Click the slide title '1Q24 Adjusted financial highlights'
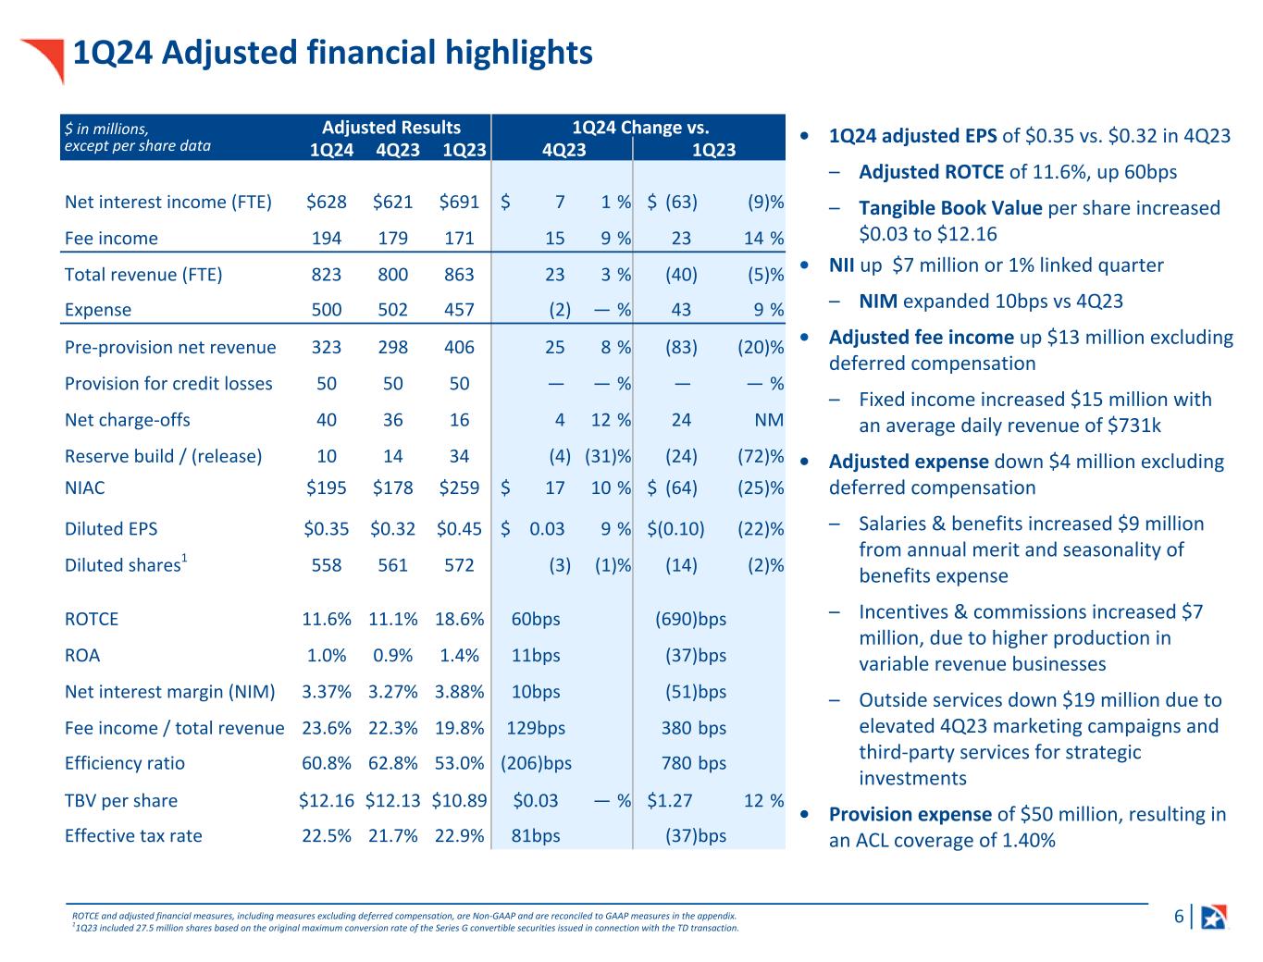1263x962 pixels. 332,53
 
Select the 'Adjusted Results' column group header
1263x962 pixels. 390,128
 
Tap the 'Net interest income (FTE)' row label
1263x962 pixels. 168,202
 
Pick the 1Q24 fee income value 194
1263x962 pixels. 327,238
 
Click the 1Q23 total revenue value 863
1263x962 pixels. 459,274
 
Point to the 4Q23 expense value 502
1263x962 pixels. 393,310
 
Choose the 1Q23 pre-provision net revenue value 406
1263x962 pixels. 459,347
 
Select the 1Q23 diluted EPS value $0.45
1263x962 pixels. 459,529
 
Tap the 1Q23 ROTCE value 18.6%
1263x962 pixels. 459,619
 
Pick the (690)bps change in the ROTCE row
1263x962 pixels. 690,619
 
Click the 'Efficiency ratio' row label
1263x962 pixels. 125,763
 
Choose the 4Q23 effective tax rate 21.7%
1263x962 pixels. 393,835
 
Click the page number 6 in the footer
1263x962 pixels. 1179,917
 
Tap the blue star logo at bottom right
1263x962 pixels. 1214,916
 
